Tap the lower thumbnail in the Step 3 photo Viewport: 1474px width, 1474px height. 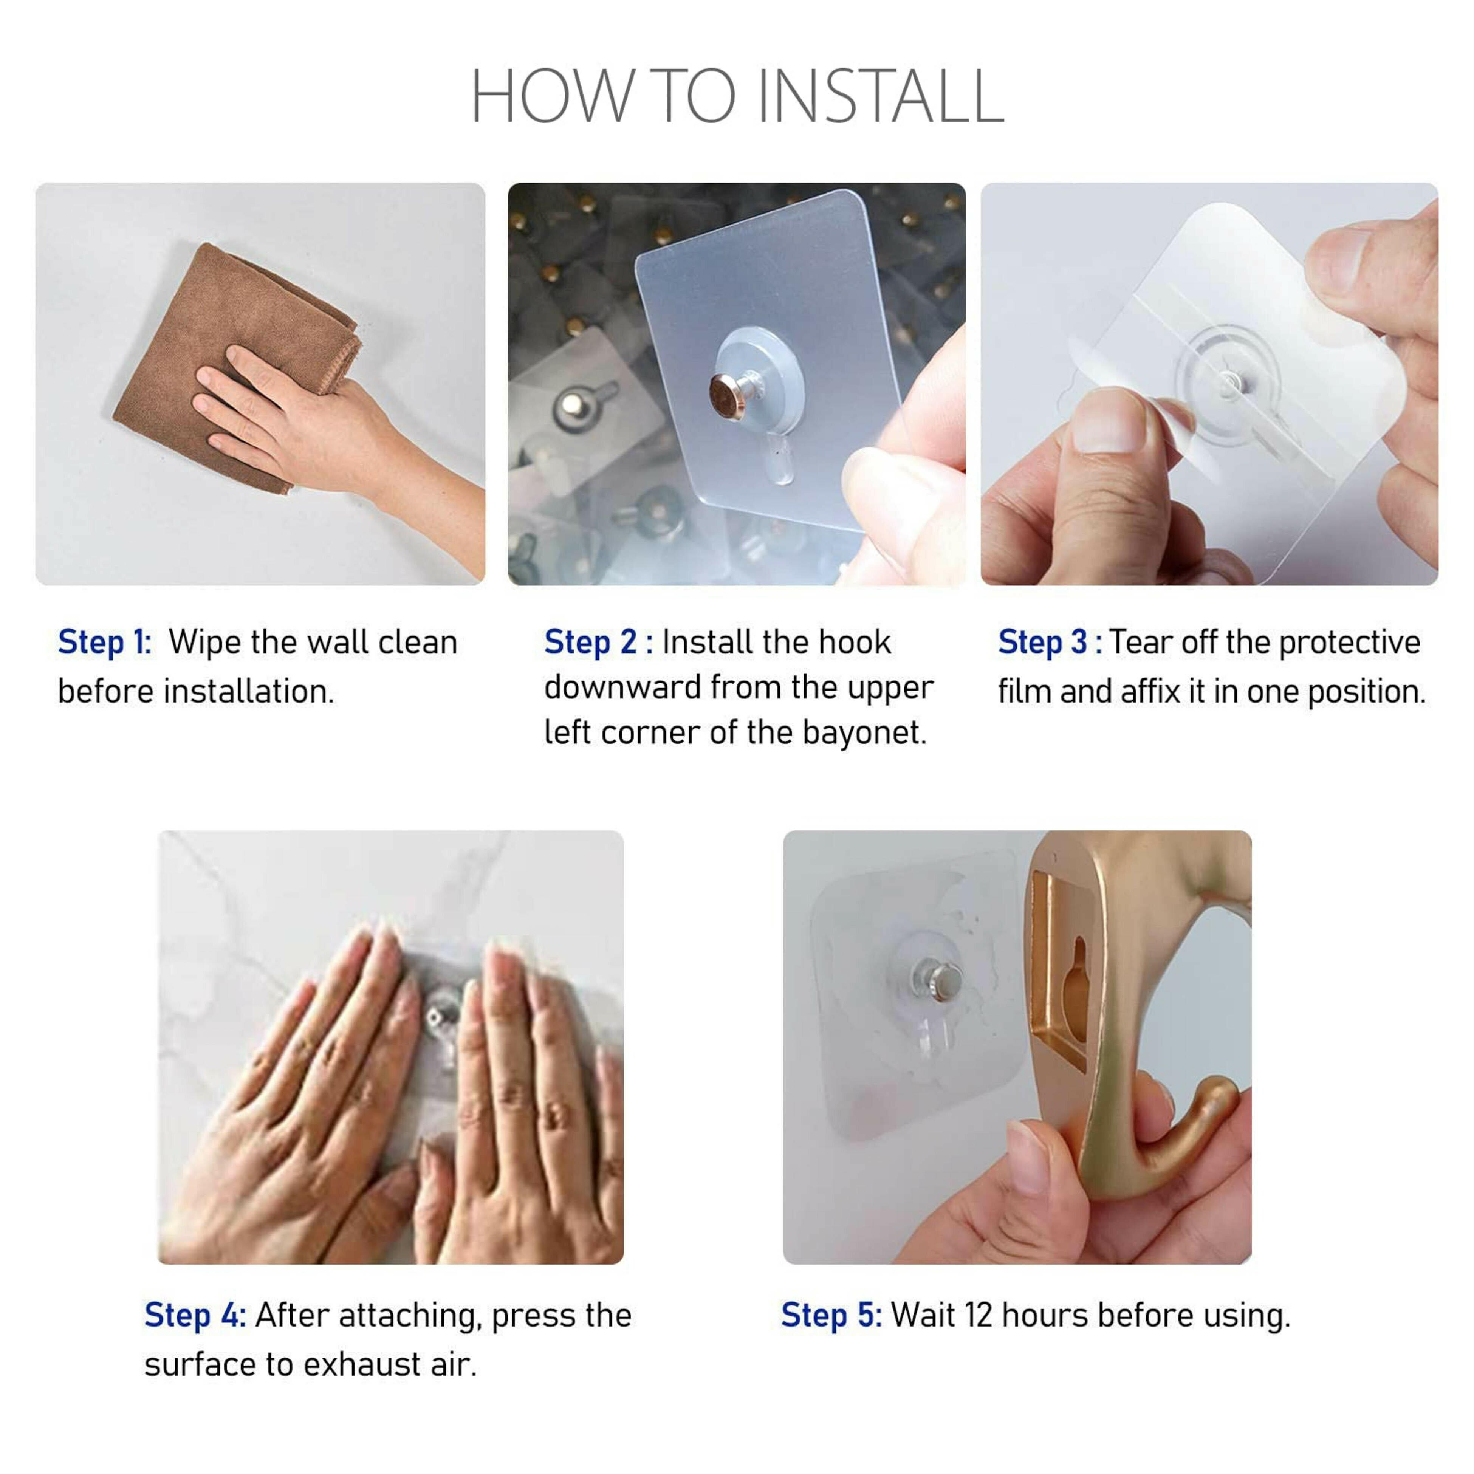[1109, 420]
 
